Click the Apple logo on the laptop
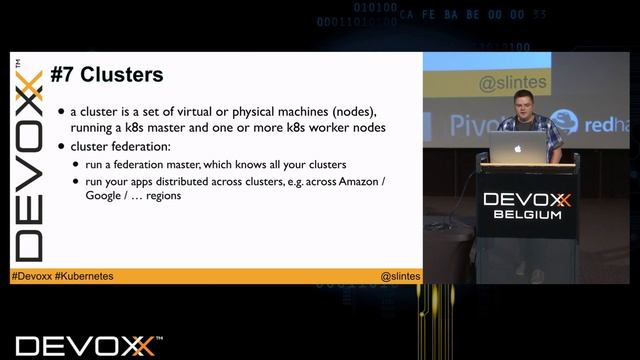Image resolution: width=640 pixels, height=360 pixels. point(518,147)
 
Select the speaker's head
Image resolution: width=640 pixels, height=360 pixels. point(522,103)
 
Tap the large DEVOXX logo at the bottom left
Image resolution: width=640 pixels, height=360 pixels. point(85,346)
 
